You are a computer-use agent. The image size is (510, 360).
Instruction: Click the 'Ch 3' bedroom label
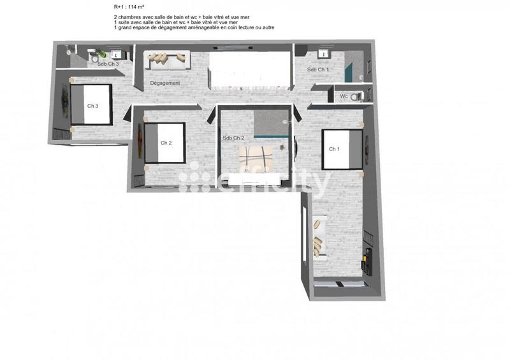(92, 106)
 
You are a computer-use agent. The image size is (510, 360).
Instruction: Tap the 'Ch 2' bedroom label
(166, 143)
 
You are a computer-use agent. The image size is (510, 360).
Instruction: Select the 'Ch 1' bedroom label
(333, 149)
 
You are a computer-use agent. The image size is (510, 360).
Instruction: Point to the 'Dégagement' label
(165, 83)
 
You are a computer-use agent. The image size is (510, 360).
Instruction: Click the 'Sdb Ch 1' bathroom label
(318, 69)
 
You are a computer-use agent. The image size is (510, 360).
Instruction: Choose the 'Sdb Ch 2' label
(233, 138)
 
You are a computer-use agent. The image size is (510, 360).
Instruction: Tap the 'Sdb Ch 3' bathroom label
(108, 64)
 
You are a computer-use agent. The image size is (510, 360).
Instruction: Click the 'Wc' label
(344, 96)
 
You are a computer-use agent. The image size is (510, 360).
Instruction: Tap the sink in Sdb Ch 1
(322, 54)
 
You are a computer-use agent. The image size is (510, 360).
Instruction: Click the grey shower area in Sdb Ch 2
(270, 122)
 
